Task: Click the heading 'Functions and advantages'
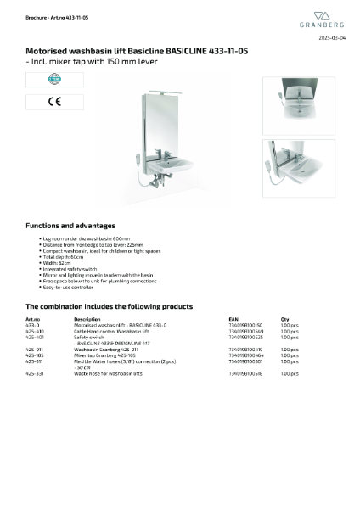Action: coord(70,226)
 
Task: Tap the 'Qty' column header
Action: coord(284,319)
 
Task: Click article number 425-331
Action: coord(35,372)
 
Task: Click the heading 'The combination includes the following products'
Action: coord(109,306)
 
